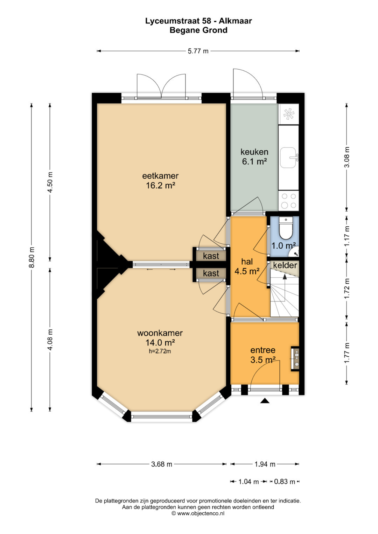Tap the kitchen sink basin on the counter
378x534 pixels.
(288, 157)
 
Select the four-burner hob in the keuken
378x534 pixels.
(289, 200)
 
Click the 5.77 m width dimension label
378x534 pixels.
(198, 51)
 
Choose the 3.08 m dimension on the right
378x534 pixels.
(347, 157)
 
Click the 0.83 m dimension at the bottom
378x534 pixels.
(285, 482)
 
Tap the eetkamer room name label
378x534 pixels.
(160, 176)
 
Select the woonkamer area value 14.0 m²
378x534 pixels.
(160, 343)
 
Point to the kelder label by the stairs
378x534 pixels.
(285, 265)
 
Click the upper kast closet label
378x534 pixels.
(211, 256)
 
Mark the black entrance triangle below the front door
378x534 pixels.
(265, 401)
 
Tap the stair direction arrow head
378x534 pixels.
(285, 276)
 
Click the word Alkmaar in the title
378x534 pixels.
(236, 21)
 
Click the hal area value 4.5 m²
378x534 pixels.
(247, 271)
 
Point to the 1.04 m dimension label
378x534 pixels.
(248, 482)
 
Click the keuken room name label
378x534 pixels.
(254, 152)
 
